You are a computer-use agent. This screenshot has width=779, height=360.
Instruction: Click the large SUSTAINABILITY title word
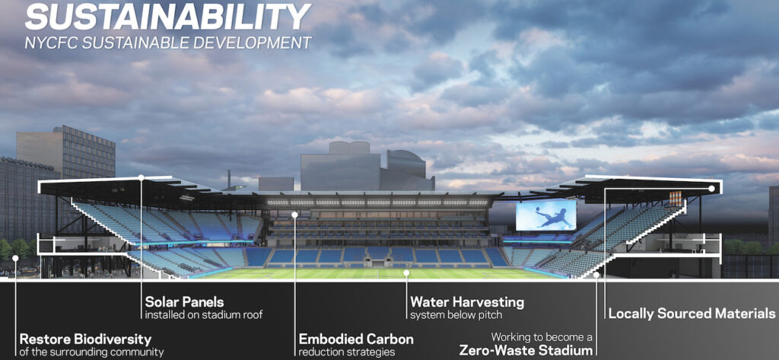[168, 17]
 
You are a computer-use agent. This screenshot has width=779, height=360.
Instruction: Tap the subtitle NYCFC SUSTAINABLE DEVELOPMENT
[168, 43]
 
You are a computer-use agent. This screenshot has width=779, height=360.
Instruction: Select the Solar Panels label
[184, 302]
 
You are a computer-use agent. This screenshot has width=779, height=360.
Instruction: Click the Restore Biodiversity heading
[85, 339]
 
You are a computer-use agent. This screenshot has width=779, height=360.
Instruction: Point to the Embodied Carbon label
[356, 339]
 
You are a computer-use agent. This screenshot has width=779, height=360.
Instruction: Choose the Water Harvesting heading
[467, 302]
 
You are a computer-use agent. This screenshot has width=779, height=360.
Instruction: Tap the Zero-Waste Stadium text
[526, 349]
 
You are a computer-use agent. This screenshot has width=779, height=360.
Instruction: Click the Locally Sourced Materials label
[692, 314]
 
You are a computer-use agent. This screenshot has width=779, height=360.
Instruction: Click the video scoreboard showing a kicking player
[546, 215]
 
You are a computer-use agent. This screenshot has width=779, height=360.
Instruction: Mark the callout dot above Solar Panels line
[141, 177]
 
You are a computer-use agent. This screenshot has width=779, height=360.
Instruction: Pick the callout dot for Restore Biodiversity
[15, 258]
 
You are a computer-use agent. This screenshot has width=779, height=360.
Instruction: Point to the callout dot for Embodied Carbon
[294, 215]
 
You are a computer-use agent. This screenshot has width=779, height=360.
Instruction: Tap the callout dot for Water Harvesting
[406, 273]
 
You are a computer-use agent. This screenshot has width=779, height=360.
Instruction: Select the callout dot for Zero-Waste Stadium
[596, 275]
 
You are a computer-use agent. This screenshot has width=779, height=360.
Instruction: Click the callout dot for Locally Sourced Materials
[711, 189]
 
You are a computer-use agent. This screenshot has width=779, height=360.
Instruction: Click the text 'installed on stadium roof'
[204, 315]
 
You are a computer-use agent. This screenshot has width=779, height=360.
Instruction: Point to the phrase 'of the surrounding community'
[91, 352]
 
